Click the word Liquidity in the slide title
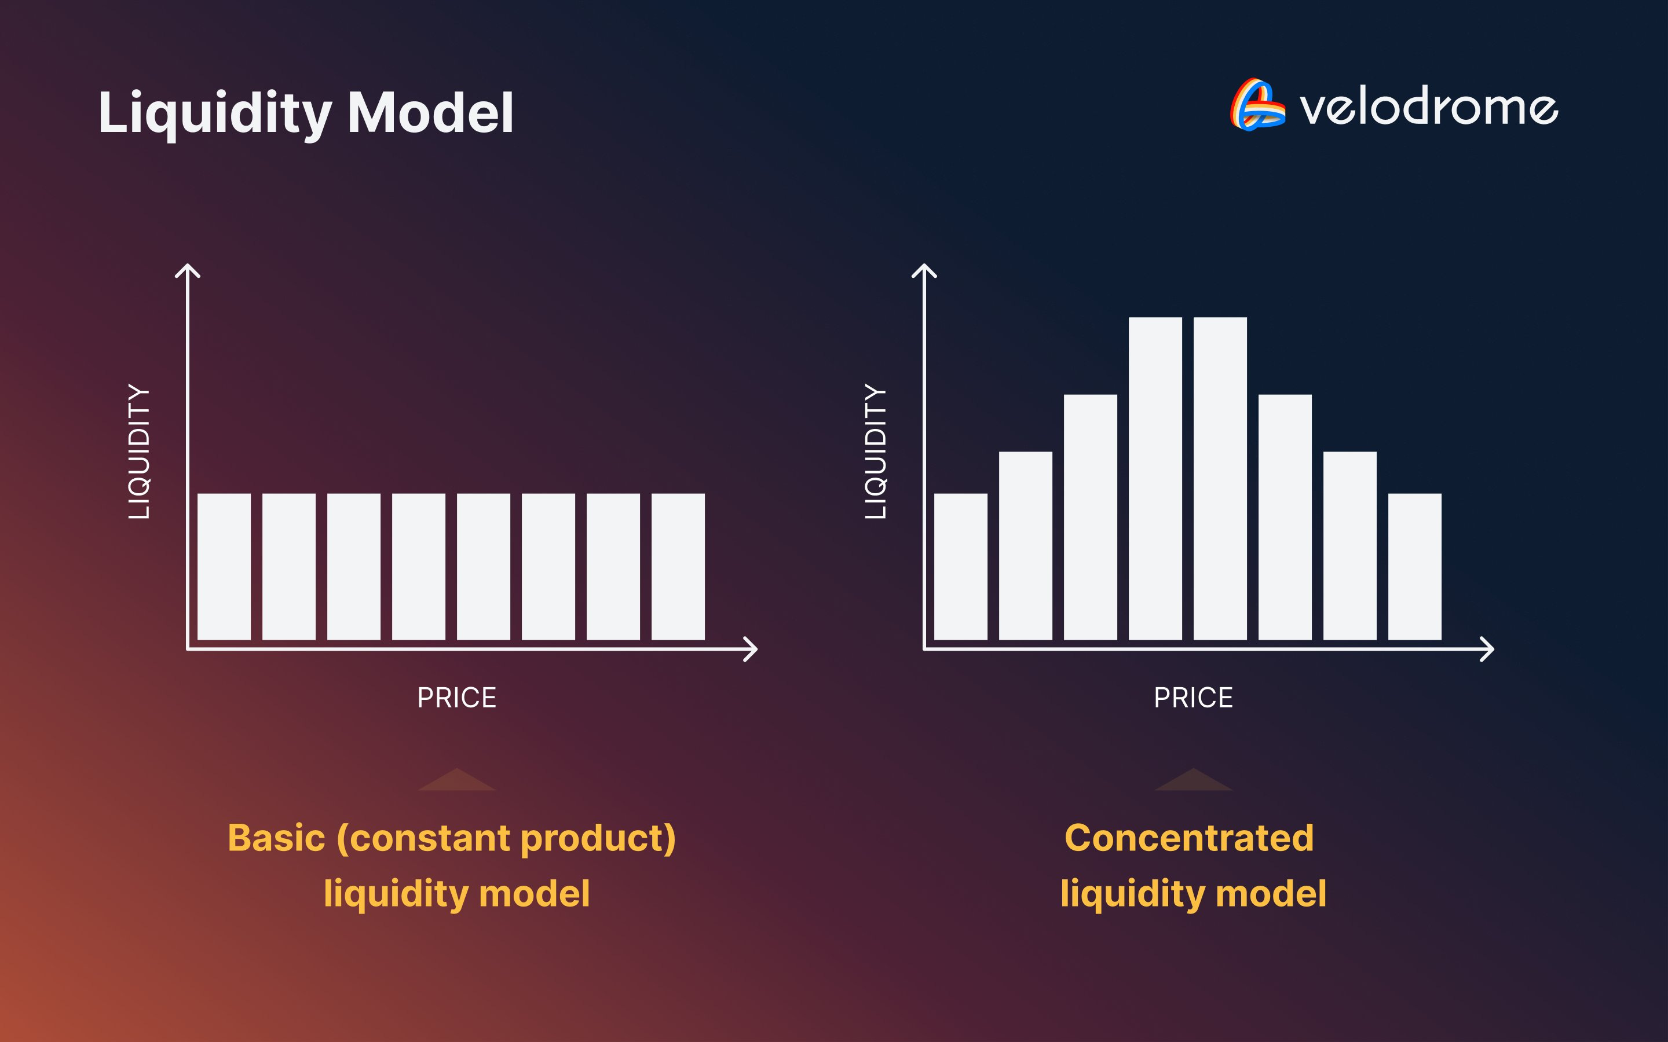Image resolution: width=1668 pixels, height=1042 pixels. [x=215, y=113]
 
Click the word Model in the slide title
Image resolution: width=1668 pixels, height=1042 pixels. [x=431, y=112]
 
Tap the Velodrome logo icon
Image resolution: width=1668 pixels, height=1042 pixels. [x=1257, y=105]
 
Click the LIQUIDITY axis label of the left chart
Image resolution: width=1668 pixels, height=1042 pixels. [x=139, y=452]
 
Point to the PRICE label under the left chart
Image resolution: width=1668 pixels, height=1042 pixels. [x=456, y=698]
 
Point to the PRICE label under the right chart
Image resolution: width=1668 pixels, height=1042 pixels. [x=1193, y=698]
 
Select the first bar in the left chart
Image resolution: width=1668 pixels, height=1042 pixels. [x=224, y=567]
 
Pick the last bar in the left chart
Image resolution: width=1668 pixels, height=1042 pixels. [x=678, y=567]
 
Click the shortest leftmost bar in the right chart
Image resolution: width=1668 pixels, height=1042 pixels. [x=961, y=567]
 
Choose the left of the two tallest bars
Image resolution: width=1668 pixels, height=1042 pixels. [x=1155, y=478]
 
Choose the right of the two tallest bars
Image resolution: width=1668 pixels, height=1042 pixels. [x=1220, y=478]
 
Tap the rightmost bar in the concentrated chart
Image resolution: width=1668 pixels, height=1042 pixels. [x=1414, y=567]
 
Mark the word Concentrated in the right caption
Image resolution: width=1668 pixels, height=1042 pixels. [x=1189, y=838]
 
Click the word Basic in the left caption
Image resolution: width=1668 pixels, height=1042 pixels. [x=276, y=838]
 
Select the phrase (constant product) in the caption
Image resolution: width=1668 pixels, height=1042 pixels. [x=506, y=839]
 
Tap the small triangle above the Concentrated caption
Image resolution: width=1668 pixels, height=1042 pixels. [x=1193, y=781]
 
